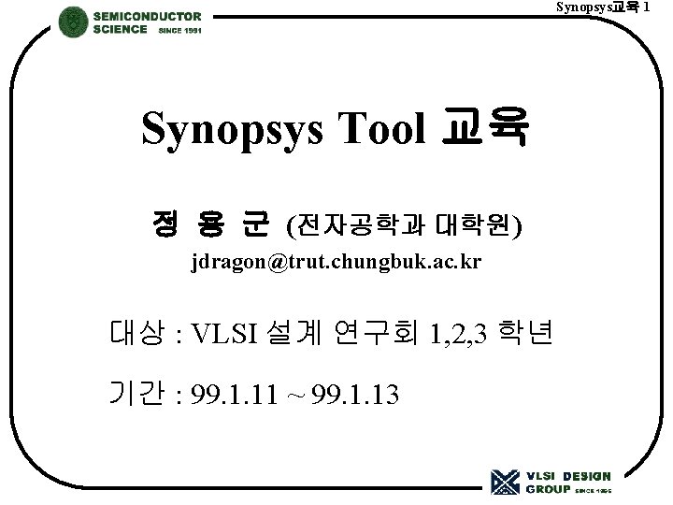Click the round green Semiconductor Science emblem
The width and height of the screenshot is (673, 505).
(74, 22)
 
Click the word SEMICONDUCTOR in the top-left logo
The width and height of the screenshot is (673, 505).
(147, 16)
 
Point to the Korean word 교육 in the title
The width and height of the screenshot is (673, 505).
(484, 129)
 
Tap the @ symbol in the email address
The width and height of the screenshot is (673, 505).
(281, 262)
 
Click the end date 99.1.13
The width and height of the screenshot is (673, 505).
(356, 396)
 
